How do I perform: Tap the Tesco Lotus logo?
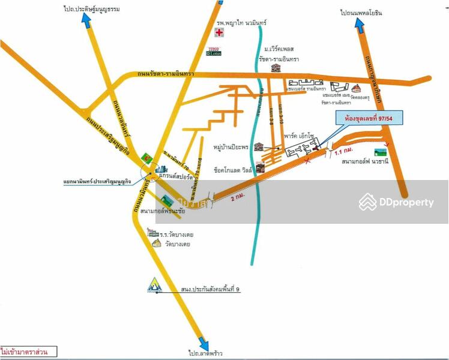[x=214, y=51]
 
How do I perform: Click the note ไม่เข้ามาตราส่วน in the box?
[x=29, y=351]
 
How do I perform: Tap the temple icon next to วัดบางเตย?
[x=157, y=243]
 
